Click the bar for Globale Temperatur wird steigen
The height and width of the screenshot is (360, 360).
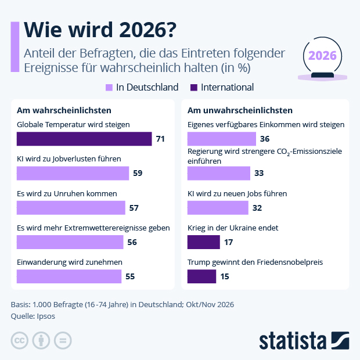point(84,139)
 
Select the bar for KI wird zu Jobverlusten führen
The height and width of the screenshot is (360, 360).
point(73,173)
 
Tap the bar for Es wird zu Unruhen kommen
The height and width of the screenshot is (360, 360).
point(71,207)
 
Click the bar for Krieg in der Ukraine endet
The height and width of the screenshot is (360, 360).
point(204,242)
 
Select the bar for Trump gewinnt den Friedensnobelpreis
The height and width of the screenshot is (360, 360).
point(202,276)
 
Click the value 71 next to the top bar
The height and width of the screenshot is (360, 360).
point(161,139)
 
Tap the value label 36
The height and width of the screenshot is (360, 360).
point(265,139)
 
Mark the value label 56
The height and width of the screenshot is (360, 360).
point(132,242)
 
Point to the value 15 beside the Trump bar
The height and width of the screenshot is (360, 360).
point(225,276)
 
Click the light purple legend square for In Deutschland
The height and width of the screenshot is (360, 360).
point(109,88)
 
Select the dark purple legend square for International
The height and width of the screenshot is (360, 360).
point(193,88)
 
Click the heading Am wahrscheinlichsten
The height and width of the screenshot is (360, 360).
point(64,110)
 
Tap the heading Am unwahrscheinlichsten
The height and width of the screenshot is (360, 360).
point(240,110)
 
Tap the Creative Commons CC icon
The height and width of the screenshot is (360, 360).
point(20,340)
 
